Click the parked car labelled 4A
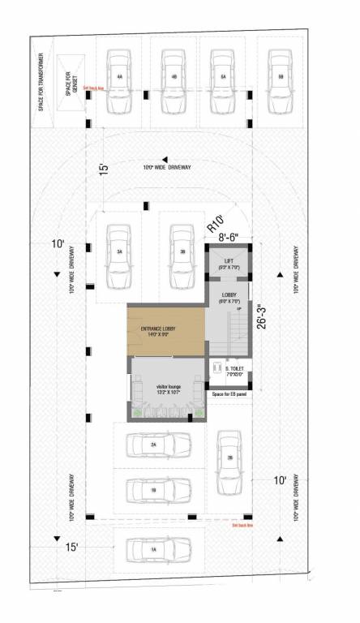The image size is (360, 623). (x=119, y=75)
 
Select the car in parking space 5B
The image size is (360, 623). (x=281, y=75)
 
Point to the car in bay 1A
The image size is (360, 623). (x=152, y=549)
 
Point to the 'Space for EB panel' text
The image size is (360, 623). (x=229, y=394)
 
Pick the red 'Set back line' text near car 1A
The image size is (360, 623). (x=242, y=525)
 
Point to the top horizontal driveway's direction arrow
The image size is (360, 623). (x=165, y=159)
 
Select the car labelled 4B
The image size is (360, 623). (x=174, y=75)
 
